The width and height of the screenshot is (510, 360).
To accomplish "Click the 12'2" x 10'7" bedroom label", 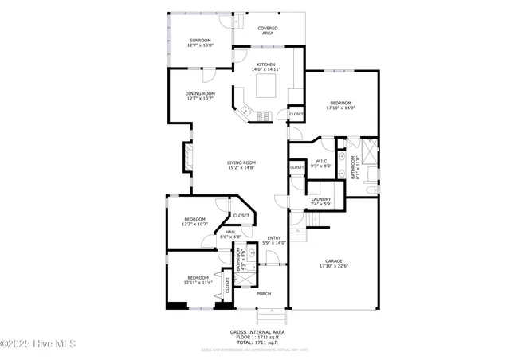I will pyautogui.click(x=195, y=221).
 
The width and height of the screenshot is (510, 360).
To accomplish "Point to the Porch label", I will pyautogui.click(x=263, y=294).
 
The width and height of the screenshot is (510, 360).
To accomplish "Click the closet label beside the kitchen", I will pyautogui.click(x=296, y=114).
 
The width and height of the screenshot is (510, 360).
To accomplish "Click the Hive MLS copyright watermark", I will pyautogui.click(x=38, y=344).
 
